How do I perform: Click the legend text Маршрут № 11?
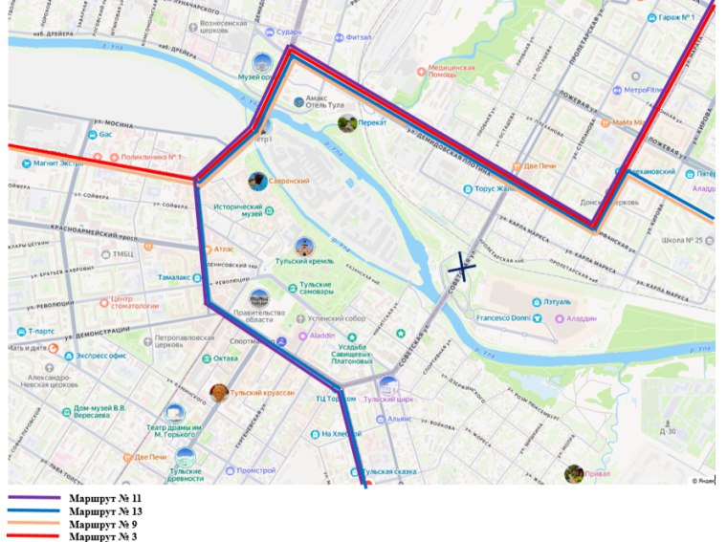(105, 499)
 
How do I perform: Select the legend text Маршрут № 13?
(105, 511)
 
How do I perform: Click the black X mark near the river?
(462, 267)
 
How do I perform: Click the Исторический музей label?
(237, 210)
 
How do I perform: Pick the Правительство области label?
(259, 317)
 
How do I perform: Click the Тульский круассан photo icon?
(219, 393)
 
